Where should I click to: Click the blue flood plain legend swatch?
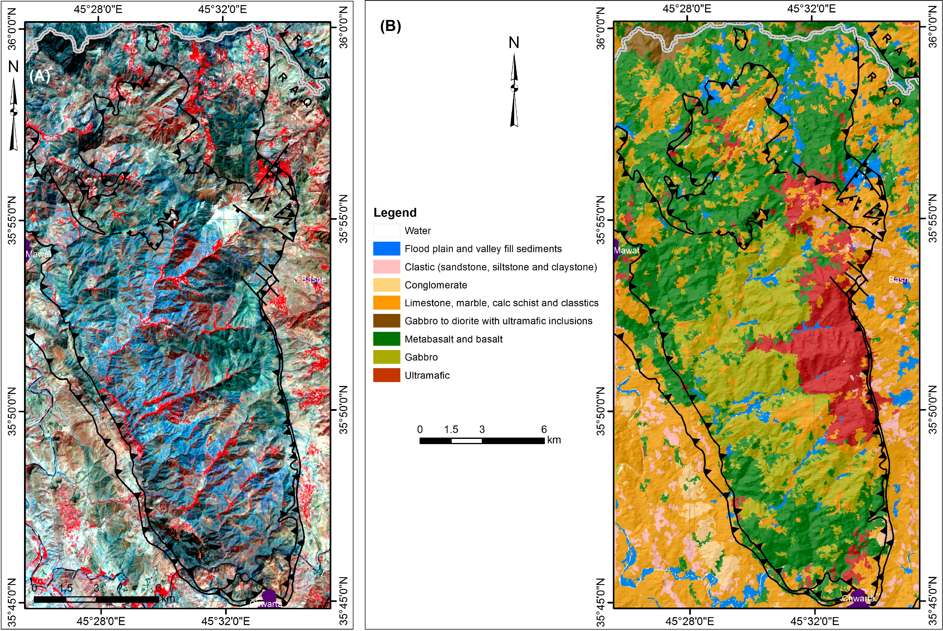coord(386,249)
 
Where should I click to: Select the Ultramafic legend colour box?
coord(386,375)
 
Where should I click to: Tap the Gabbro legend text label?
coord(421,357)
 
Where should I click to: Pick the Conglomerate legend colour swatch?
coord(386,285)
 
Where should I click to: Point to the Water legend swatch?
coord(386,231)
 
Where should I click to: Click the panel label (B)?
coord(390,27)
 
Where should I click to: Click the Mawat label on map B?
coord(626,250)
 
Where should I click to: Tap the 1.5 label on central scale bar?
coord(451,429)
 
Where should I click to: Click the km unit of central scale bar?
coord(554,440)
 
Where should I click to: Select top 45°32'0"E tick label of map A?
coord(222,9)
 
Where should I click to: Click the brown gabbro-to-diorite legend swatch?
coord(386,321)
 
